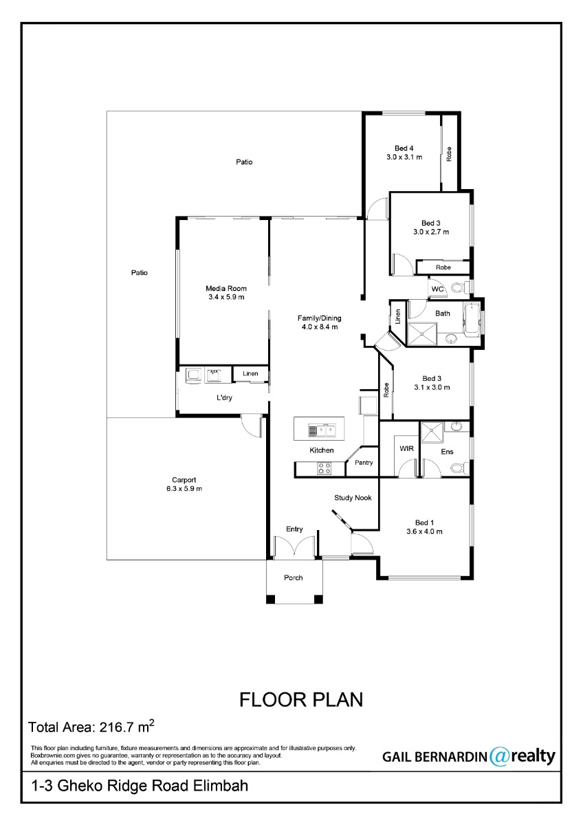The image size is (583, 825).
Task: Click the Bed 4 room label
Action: click(404, 148)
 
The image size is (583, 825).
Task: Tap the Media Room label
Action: click(226, 288)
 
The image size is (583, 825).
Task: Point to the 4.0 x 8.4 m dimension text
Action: click(319, 327)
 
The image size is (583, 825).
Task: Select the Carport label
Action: click(184, 480)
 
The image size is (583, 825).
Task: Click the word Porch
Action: click(293, 577)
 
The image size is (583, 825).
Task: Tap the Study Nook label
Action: click(353, 498)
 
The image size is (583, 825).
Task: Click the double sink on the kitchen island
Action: click(322, 430)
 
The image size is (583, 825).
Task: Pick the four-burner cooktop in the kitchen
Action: click(324, 468)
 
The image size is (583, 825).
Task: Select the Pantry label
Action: click(364, 463)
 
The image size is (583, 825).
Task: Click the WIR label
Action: click(406, 448)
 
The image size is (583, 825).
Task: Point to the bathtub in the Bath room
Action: click(472, 320)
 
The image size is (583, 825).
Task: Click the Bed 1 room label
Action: click(424, 522)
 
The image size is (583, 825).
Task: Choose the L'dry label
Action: click(224, 398)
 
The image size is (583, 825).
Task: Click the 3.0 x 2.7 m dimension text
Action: click(431, 232)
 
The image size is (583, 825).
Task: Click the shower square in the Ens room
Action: click(432, 432)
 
